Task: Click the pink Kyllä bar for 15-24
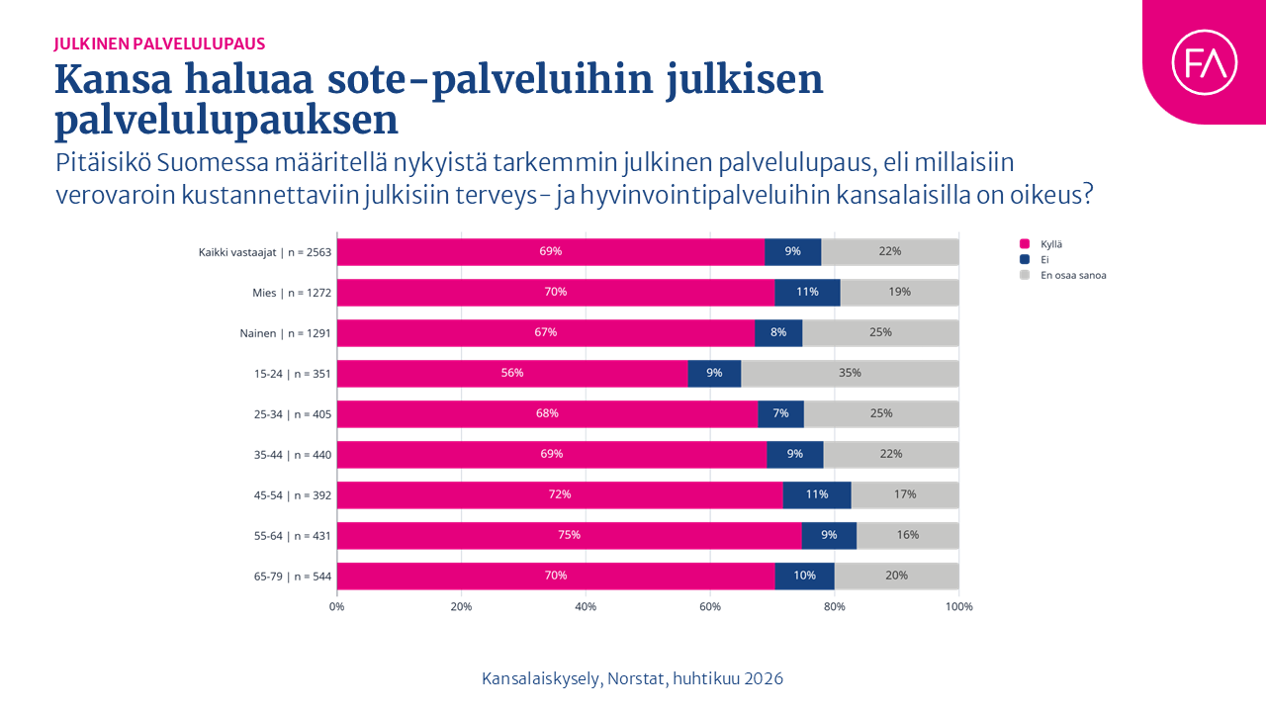pyautogui.click(x=512, y=373)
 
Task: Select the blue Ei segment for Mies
pyautogui.click(x=807, y=292)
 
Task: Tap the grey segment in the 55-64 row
pyautogui.click(x=907, y=535)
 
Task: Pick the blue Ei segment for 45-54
pyautogui.click(x=816, y=494)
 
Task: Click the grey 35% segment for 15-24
pyautogui.click(x=850, y=373)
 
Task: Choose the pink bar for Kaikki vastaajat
pyautogui.click(x=550, y=251)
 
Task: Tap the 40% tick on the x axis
pyautogui.click(x=586, y=606)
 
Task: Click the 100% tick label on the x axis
pyautogui.click(x=958, y=606)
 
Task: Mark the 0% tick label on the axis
pyautogui.click(x=337, y=606)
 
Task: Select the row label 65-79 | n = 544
pyautogui.click(x=292, y=576)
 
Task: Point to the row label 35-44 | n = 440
pyautogui.click(x=292, y=454)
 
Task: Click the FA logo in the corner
pyautogui.click(x=1204, y=62)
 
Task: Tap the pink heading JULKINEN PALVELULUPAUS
pyautogui.click(x=159, y=44)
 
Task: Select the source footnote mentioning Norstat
pyautogui.click(x=632, y=678)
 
